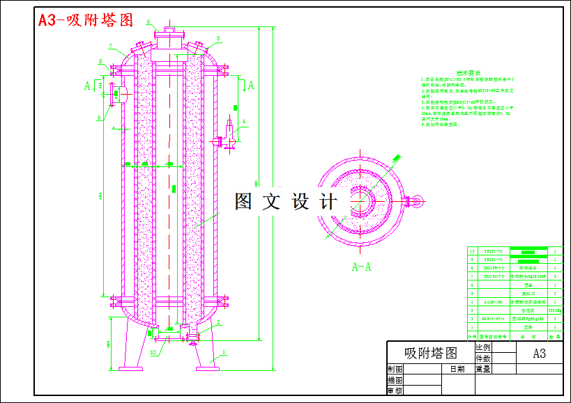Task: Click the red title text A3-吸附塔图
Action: [x=85, y=20]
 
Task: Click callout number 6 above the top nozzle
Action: [x=149, y=22]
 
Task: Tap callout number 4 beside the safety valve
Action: [x=244, y=123]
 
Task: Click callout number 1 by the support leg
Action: [x=224, y=352]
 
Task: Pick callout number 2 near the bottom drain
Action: [x=218, y=323]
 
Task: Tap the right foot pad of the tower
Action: [x=207, y=368]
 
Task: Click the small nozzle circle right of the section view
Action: [x=417, y=203]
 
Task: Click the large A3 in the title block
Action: [x=539, y=353]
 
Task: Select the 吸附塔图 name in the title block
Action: [x=430, y=353]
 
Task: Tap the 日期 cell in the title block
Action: [x=457, y=370]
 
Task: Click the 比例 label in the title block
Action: [x=482, y=347]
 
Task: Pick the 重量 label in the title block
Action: [x=482, y=370]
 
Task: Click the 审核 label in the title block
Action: [x=395, y=391]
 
